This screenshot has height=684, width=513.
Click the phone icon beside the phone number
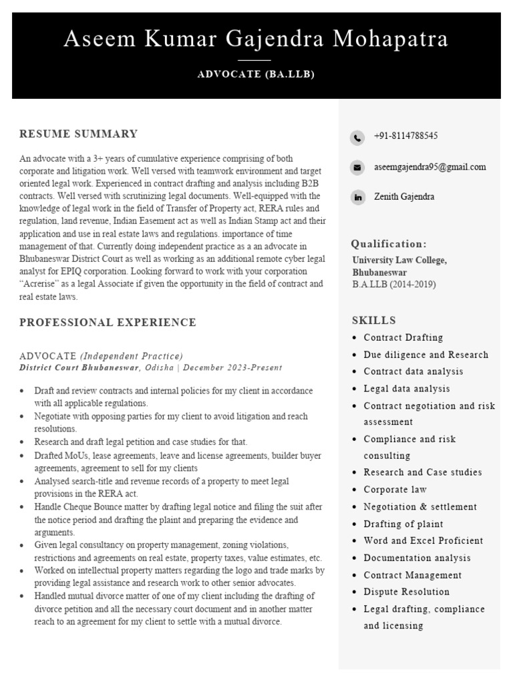(358, 138)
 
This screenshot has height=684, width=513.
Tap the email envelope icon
(358, 168)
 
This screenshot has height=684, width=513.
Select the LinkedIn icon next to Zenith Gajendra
(358, 198)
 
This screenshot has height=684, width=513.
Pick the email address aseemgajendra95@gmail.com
(430, 167)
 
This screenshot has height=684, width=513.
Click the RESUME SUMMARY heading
(79, 134)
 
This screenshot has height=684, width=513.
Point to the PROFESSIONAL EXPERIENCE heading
(108, 323)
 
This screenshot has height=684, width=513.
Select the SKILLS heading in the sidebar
(374, 321)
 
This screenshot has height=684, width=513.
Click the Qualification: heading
(389, 244)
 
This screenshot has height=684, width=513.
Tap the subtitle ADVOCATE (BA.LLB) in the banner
(256, 74)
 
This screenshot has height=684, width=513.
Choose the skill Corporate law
(395, 490)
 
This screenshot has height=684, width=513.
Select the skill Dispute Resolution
(406, 592)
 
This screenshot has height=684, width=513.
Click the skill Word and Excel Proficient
(423, 541)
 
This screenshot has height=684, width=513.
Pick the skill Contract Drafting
(403, 338)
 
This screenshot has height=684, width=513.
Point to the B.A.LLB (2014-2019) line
(394, 285)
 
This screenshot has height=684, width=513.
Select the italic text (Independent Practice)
(131, 356)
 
